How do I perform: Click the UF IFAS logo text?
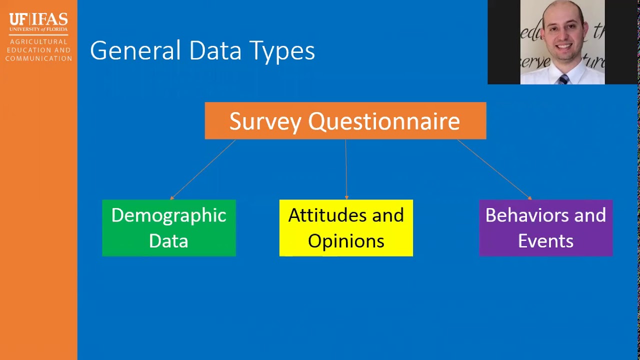[38, 19]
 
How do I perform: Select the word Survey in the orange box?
[265, 121]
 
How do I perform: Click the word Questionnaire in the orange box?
[383, 121]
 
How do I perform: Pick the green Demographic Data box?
[169, 228]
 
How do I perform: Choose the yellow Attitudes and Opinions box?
[346, 228]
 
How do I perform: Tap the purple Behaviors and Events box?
[545, 228]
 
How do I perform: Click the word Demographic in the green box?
[169, 215]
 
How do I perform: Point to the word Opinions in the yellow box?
[346, 241]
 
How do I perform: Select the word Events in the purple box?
[545, 241]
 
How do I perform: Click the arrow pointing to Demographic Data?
[202, 169]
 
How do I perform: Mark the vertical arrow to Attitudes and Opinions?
[346, 169]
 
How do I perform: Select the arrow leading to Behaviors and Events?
[494, 169]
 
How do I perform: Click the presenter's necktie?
[563, 79]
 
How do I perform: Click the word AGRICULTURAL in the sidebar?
[38, 42]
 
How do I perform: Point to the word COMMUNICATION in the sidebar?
[38, 58]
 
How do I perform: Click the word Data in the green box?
[169, 241]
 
